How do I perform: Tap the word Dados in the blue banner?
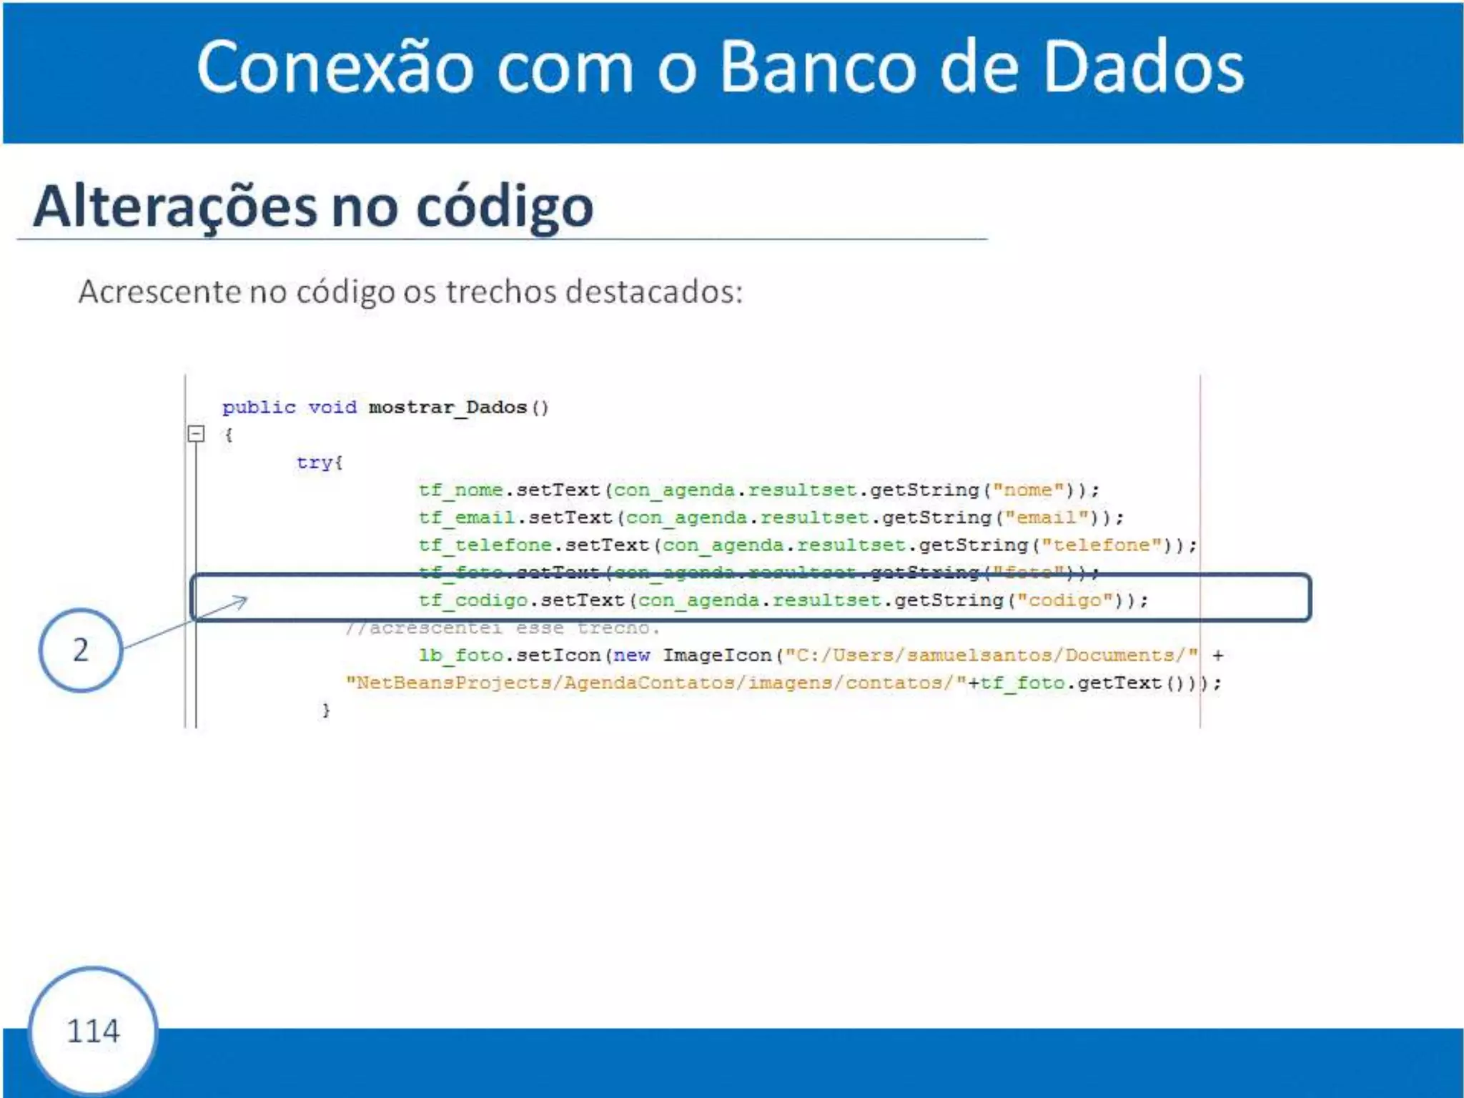click(x=1144, y=68)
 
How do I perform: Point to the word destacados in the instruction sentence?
click(x=654, y=292)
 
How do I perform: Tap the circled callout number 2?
click(x=81, y=650)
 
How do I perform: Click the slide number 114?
click(x=93, y=1031)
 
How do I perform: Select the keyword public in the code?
click(x=259, y=407)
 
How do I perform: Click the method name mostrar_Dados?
click(x=447, y=407)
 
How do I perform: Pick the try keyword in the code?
click(x=315, y=463)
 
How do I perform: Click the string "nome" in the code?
click(x=1028, y=490)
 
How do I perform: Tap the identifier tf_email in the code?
click(x=466, y=518)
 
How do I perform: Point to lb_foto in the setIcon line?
click(x=460, y=656)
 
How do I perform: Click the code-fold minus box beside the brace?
click(x=196, y=434)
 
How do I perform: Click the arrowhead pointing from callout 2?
click(x=242, y=602)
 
